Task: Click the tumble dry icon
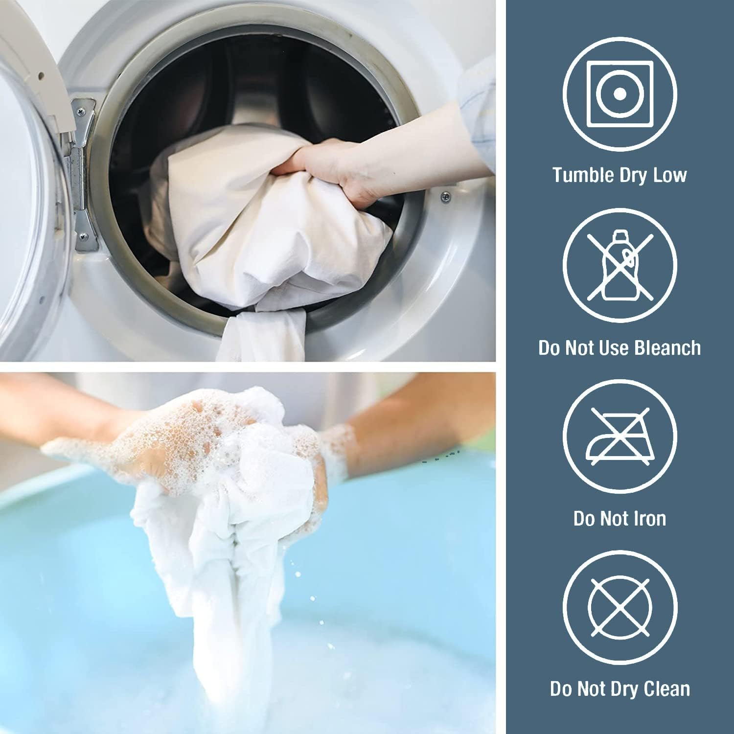pyautogui.click(x=620, y=93)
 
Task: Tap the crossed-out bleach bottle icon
pyautogui.click(x=620, y=265)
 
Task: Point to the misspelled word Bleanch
pyautogui.click(x=667, y=347)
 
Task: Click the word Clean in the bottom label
pyautogui.click(x=667, y=688)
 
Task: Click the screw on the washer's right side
pyautogui.click(x=446, y=197)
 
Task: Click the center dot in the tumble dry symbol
pyautogui.click(x=620, y=93)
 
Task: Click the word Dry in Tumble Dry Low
pyautogui.click(x=633, y=175)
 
